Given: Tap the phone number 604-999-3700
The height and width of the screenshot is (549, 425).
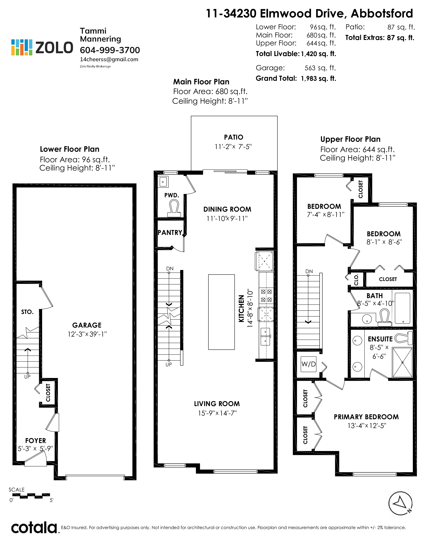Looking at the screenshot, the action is (110, 50).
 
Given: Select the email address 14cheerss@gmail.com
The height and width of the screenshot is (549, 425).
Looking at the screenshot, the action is (109, 60).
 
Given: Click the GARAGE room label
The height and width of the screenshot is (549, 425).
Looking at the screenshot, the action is (87, 325).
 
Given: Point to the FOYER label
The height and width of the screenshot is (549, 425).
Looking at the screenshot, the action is (35, 441).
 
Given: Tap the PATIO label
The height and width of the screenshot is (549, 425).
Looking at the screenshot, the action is (234, 137).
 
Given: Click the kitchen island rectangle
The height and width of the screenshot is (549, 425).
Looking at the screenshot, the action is (221, 312).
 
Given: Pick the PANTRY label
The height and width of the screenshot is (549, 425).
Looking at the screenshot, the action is (170, 233).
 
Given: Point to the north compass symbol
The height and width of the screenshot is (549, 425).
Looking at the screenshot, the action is (400, 503).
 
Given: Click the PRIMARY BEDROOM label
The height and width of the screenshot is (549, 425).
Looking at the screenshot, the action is (366, 417).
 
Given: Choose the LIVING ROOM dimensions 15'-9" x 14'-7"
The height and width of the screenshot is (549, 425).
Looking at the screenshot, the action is (217, 413).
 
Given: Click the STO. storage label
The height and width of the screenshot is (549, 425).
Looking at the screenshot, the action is (27, 312).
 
